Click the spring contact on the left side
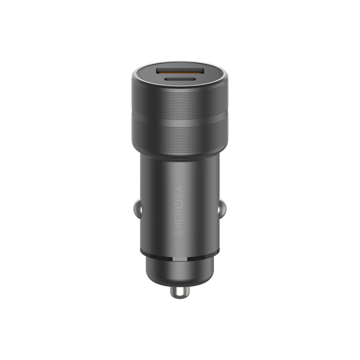[136, 211]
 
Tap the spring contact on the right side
[223, 211]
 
